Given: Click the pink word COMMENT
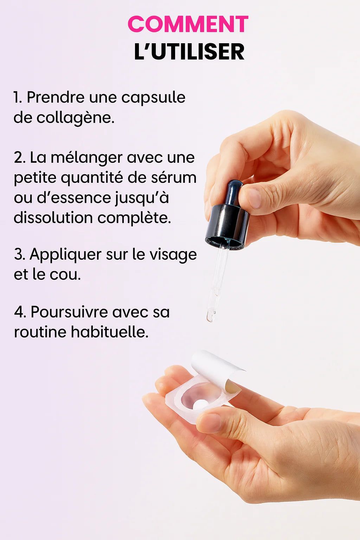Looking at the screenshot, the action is tap(188, 24).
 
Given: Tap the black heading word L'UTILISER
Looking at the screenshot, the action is tap(189, 52).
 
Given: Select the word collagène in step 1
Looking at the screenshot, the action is tap(76, 118).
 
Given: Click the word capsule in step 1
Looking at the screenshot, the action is tap(153, 98).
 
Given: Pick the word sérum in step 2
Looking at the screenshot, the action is tap(174, 178).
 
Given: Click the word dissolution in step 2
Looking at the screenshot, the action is tap(53, 218).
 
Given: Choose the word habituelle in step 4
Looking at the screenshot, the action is tap(110, 332).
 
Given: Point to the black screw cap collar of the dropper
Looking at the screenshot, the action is tap(227, 227).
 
